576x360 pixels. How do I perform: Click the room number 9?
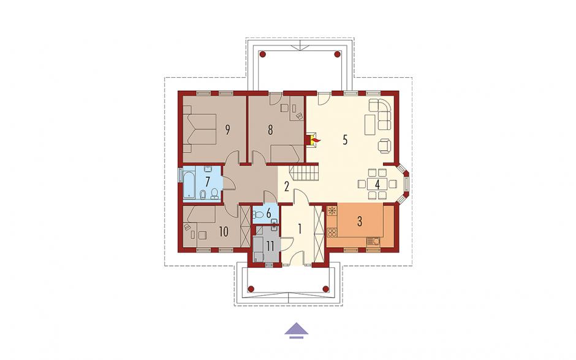(x=228, y=130)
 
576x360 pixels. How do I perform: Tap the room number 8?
(x=270, y=130)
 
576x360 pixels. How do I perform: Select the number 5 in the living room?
(x=344, y=140)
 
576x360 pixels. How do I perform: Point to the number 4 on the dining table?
(x=377, y=184)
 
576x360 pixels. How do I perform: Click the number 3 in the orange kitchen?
(x=360, y=221)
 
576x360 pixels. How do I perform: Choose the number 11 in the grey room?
(x=270, y=246)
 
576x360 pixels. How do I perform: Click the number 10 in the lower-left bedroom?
(x=223, y=232)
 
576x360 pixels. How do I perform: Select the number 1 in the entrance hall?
(x=300, y=229)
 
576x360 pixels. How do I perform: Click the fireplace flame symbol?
(x=315, y=140)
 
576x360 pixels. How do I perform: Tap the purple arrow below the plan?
(x=296, y=330)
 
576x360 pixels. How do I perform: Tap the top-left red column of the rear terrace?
(x=262, y=55)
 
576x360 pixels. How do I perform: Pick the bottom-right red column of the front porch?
(x=325, y=289)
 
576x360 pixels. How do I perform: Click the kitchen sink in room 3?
(x=374, y=242)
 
